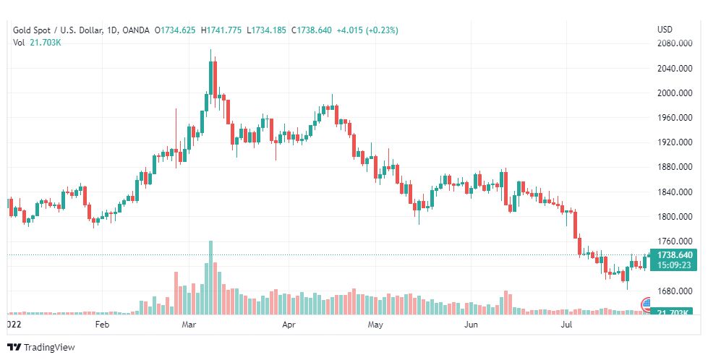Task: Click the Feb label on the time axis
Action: point(103,325)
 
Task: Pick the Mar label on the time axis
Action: point(189,325)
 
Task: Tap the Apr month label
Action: point(289,325)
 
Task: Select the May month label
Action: point(375,325)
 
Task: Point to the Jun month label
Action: point(471,325)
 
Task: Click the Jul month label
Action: point(566,325)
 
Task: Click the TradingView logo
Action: point(41,348)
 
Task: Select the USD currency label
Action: point(665,30)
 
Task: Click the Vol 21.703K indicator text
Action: point(36,43)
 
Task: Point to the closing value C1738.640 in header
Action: point(311,30)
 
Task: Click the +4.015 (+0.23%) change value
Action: point(367,30)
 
